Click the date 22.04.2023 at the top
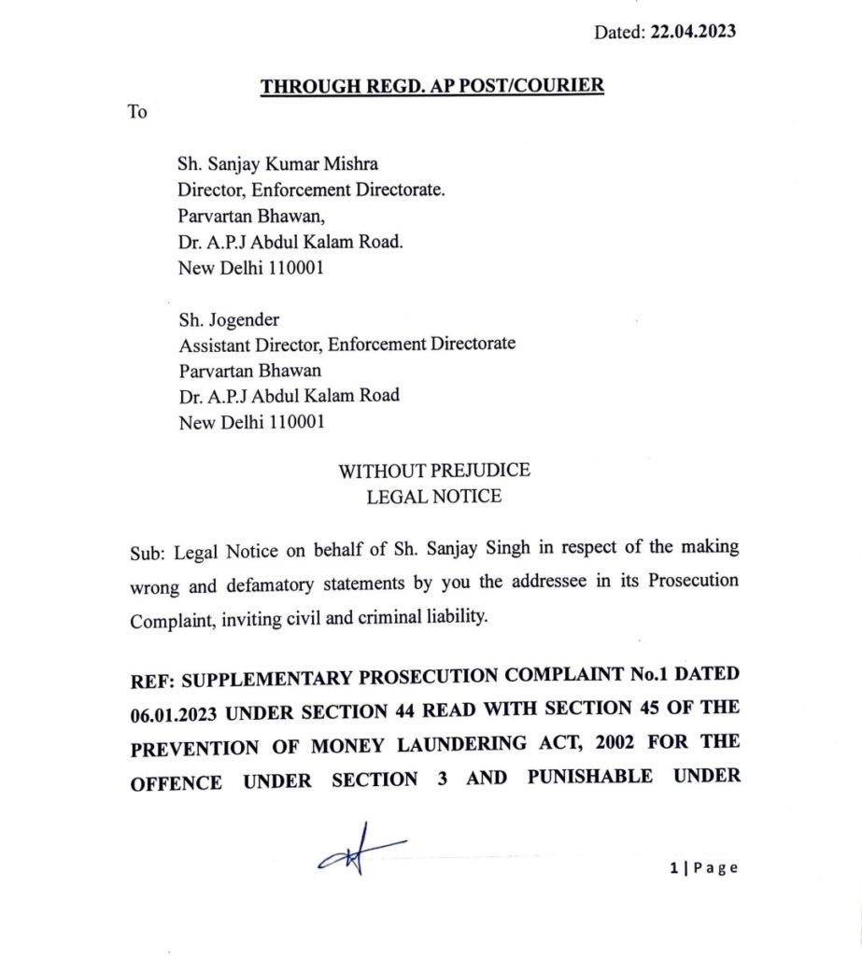(x=692, y=32)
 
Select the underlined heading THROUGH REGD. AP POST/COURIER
(x=432, y=87)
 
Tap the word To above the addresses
(x=137, y=113)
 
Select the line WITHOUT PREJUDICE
(x=433, y=471)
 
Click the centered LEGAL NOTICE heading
(x=433, y=497)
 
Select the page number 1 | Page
(x=703, y=867)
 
